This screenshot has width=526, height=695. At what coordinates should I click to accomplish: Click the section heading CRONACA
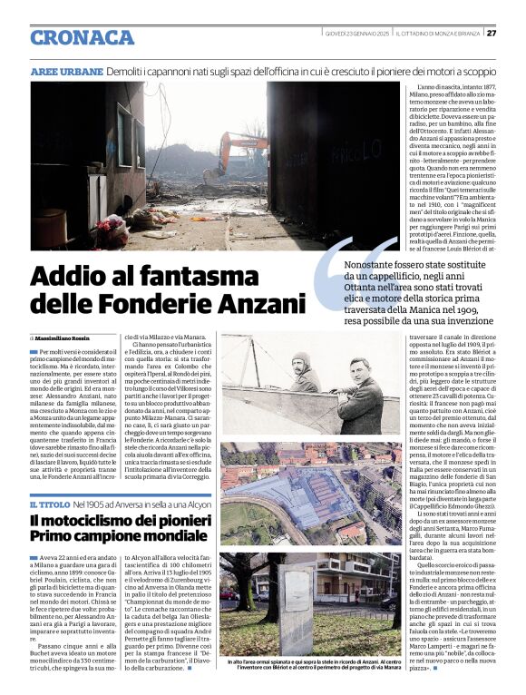click(x=82, y=37)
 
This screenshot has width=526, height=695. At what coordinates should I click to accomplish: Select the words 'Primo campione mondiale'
click(x=108, y=537)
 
